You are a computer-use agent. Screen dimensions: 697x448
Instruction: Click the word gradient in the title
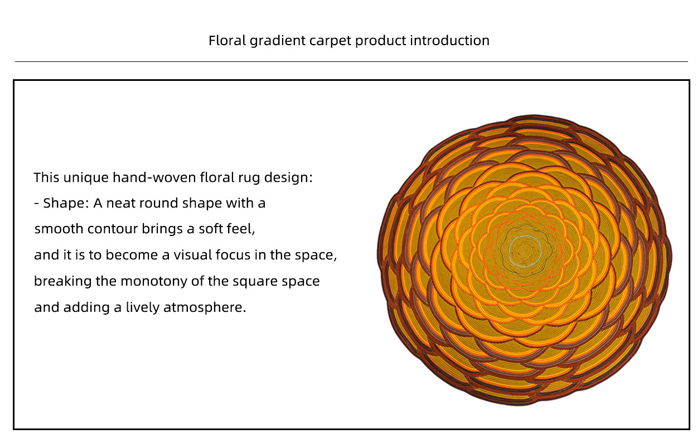pos(278,41)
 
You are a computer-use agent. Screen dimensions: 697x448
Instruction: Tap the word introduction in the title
pos(449,41)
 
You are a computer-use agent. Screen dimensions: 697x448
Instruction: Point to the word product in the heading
pos(381,41)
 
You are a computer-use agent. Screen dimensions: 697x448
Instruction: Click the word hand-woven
pos(154,177)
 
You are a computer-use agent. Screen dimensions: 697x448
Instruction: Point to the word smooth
pos(59,229)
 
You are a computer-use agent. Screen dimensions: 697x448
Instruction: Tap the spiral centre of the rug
pos(526,250)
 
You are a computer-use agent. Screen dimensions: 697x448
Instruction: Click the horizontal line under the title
pos(351,61)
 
